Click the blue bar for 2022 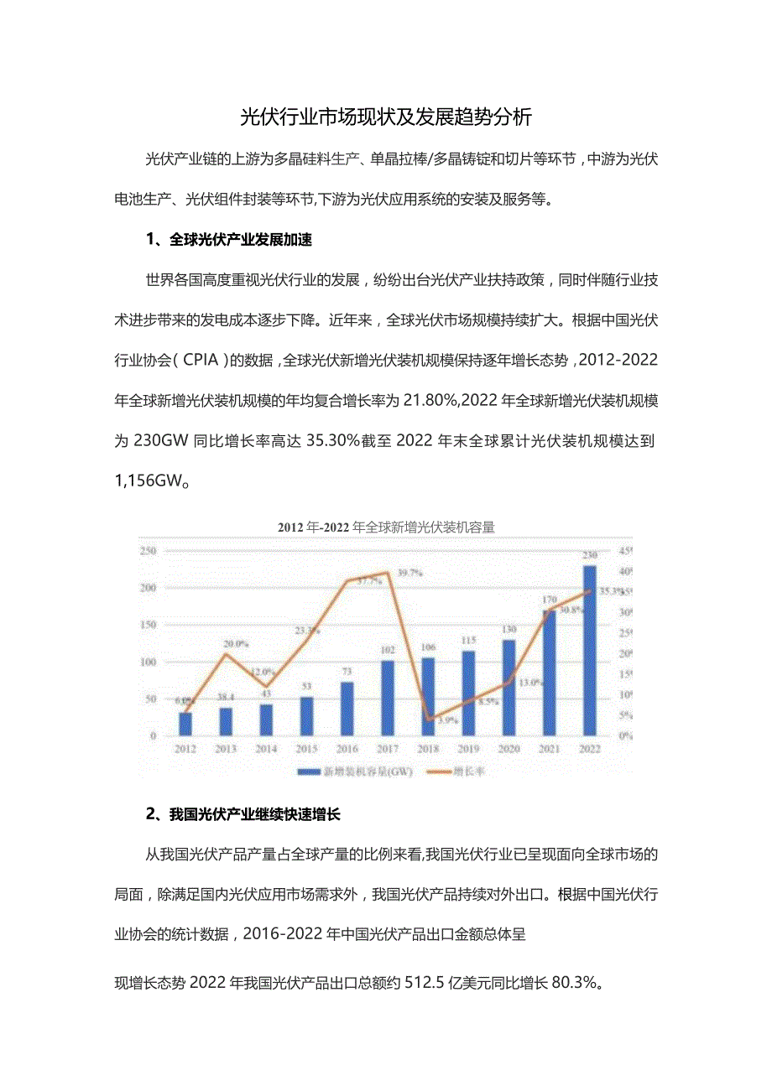[590, 650]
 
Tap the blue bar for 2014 [266, 720]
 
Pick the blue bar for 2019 [468, 693]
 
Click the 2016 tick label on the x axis [347, 749]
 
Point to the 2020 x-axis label [509, 749]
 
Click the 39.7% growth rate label [409, 573]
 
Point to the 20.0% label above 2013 [236, 644]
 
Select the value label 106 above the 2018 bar [428, 647]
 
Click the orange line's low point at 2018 [428, 720]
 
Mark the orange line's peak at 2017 [387, 574]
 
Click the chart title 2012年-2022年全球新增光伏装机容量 [386, 527]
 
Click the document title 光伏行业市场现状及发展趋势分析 [386, 117]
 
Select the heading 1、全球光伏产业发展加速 [228, 240]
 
